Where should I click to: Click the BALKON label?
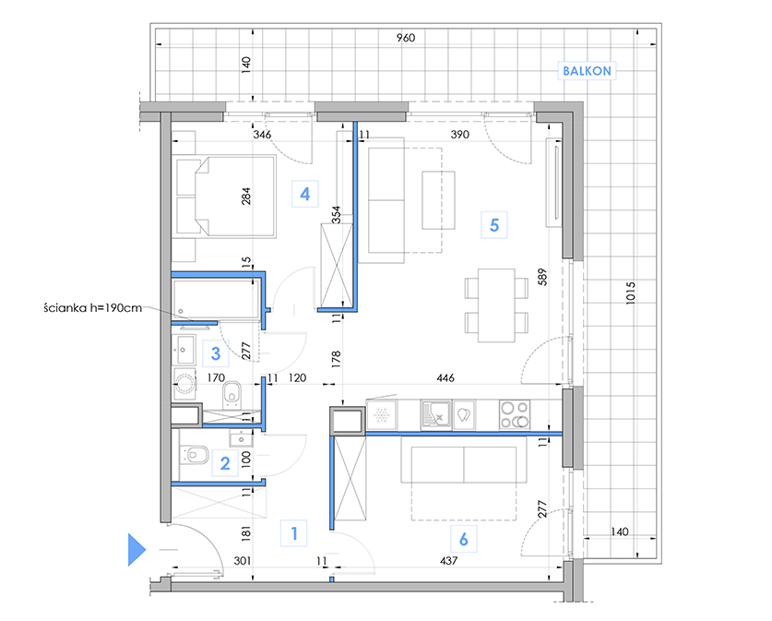coord(587,71)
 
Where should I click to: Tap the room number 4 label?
coord(304,194)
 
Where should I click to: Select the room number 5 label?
coord(494,225)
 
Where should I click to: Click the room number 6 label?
coord(463,540)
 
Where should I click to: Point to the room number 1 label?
coord(294,533)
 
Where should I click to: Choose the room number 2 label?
coord(225,463)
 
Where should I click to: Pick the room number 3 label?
coord(216,353)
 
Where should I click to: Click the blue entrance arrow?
coord(137,549)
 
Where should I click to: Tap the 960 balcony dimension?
coord(406,38)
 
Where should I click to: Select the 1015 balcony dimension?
coord(630,293)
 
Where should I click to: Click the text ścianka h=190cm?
coord(92,308)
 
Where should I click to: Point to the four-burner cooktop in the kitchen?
coord(515,414)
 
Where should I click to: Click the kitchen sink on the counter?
coord(435,414)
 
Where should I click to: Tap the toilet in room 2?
coord(195,455)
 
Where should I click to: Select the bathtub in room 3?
coord(216,299)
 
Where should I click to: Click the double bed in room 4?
coord(223,197)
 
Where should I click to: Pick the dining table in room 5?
coord(496,305)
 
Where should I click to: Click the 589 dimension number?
coord(541,277)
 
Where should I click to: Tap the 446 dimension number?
coord(445,377)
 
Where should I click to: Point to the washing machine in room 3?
coord(184,383)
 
